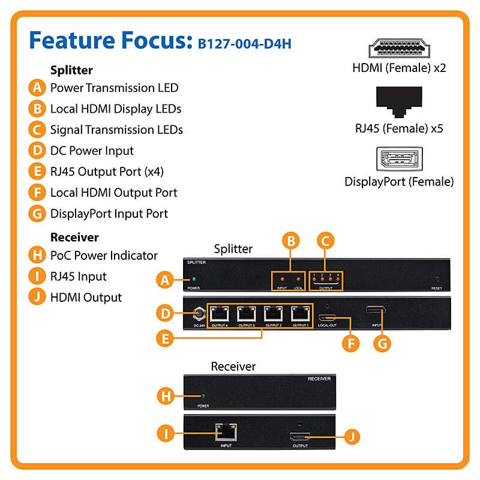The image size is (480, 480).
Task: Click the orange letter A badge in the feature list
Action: click(37, 88)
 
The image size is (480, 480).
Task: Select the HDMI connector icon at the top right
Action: click(399, 50)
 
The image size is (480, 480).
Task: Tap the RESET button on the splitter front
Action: click(436, 279)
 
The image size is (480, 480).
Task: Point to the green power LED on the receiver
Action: click(204, 397)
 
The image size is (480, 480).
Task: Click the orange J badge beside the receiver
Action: click(353, 434)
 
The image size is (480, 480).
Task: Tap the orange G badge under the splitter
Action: click(382, 343)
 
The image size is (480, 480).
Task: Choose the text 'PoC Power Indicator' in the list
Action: click(104, 256)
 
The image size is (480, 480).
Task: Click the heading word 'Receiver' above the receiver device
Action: click(233, 366)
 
